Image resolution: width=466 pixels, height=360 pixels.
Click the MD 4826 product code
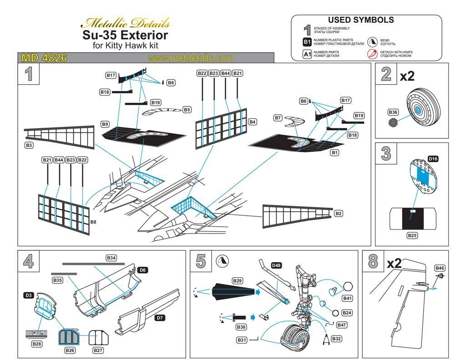[x=44, y=58]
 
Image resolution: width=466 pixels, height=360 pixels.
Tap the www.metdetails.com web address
[x=190, y=58]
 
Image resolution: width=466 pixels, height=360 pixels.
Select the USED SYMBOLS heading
[x=361, y=20]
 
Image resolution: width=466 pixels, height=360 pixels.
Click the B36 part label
[x=393, y=112]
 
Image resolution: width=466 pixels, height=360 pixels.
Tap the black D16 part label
[x=433, y=159]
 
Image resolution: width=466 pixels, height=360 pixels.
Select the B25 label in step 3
[x=412, y=236]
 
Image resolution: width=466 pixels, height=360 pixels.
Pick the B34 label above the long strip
[x=111, y=258]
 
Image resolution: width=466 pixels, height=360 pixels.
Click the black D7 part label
[x=159, y=318]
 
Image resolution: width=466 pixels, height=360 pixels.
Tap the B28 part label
[x=36, y=344]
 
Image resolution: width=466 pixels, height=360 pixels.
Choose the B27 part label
[x=98, y=350]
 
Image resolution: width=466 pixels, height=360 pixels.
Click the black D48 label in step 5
[x=276, y=265]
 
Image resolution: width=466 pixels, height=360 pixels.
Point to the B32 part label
[x=336, y=339]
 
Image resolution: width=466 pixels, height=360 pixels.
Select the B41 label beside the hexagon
[x=347, y=298]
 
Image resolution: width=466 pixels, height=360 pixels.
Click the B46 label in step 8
[x=440, y=268]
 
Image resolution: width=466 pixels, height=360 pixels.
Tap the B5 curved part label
[x=187, y=110]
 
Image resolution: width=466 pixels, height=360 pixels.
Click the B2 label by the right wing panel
[x=338, y=213]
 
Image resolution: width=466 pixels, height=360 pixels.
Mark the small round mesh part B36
[x=394, y=122]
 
